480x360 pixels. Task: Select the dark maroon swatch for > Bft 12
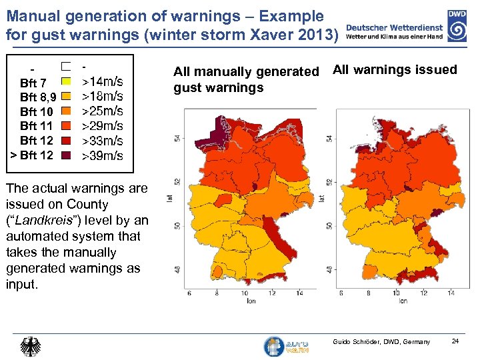[x=66, y=155]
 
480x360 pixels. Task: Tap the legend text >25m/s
[x=102, y=111]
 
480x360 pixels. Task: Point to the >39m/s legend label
[x=102, y=156]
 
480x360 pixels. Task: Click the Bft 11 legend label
[x=37, y=126]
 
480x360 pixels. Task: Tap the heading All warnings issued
[x=395, y=69]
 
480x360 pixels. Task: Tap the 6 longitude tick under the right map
[x=341, y=293]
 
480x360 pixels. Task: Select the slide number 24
[x=455, y=342]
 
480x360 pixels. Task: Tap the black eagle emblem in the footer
[x=31, y=347]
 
